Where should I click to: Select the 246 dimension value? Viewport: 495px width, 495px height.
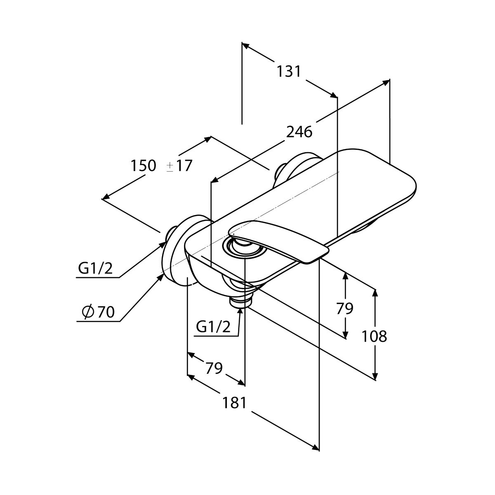(299, 132)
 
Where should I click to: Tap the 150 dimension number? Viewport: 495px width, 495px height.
(144, 165)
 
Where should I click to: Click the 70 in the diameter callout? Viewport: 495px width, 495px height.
(106, 312)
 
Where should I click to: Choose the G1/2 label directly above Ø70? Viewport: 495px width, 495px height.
(95, 269)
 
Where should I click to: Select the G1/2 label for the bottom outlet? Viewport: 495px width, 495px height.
(213, 327)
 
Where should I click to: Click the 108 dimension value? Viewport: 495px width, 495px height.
(374, 336)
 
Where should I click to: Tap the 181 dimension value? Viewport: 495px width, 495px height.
(234, 403)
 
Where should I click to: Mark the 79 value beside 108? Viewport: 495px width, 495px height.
(345, 308)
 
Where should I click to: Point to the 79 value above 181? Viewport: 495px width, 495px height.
(214, 368)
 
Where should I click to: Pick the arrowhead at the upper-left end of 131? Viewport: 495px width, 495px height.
(246, 46)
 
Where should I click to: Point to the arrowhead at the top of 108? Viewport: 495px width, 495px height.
(375, 293)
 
